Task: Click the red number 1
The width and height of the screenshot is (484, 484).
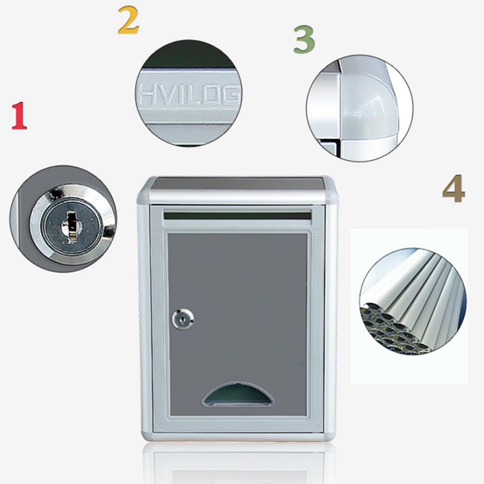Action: click(x=19, y=117)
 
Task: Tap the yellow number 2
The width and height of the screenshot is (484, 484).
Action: click(x=128, y=22)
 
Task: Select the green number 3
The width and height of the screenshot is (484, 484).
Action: click(x=304, y=40)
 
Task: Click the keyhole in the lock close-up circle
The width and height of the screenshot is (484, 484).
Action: click(x=70, y=225)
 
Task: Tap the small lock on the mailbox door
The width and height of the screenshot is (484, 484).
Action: click(x=182, y=318)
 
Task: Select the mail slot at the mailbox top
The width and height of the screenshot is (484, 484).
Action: click(x=237, y=215)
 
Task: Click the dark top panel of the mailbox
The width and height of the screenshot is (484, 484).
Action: click(x=237, y=183)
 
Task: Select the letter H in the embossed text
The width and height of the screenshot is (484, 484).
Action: click(x=146, y=95)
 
